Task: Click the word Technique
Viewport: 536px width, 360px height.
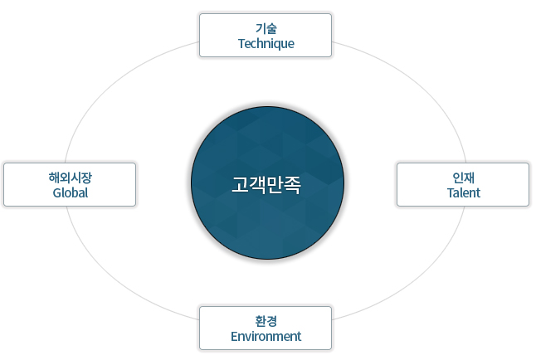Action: click(266, 44)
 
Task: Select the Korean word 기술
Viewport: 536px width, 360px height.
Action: click(266, 28)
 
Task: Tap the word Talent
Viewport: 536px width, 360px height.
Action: click(464, 192)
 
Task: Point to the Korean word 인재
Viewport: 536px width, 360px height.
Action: click(464, 178)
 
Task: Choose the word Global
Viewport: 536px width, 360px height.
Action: click(70, 192)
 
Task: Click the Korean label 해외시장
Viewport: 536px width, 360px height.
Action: click(70, 178)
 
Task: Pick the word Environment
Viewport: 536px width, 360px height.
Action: click(266, 337)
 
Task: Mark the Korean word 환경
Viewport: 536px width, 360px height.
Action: click(266, 321)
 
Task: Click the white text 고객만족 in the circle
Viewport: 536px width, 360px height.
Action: click(266, 185)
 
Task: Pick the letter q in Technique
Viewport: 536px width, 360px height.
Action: click(278, 45)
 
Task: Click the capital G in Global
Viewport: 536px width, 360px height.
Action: click(57, 192)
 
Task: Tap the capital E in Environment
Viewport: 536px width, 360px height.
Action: click(234, 337)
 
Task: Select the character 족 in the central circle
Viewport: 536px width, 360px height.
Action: click(293, 185)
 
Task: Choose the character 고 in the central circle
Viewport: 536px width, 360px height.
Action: click(240, 185)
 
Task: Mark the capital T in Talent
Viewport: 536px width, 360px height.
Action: click(451, 192)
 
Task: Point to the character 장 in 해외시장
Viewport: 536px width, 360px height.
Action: click(86, 178)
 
